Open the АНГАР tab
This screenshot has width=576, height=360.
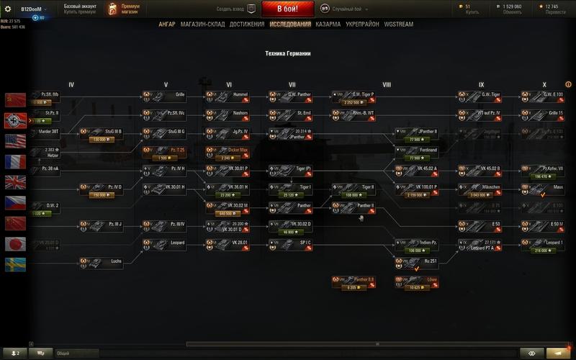click(x=167, y=24)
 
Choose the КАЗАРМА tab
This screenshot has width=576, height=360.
click(x=328, y=24)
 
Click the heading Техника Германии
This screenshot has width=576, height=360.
click(x=287, y=54)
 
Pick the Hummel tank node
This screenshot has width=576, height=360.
click(x=228, y=94)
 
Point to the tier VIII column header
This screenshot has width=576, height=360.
click(x=386, y=84)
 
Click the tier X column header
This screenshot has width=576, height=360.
click(x=544, y=84)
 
